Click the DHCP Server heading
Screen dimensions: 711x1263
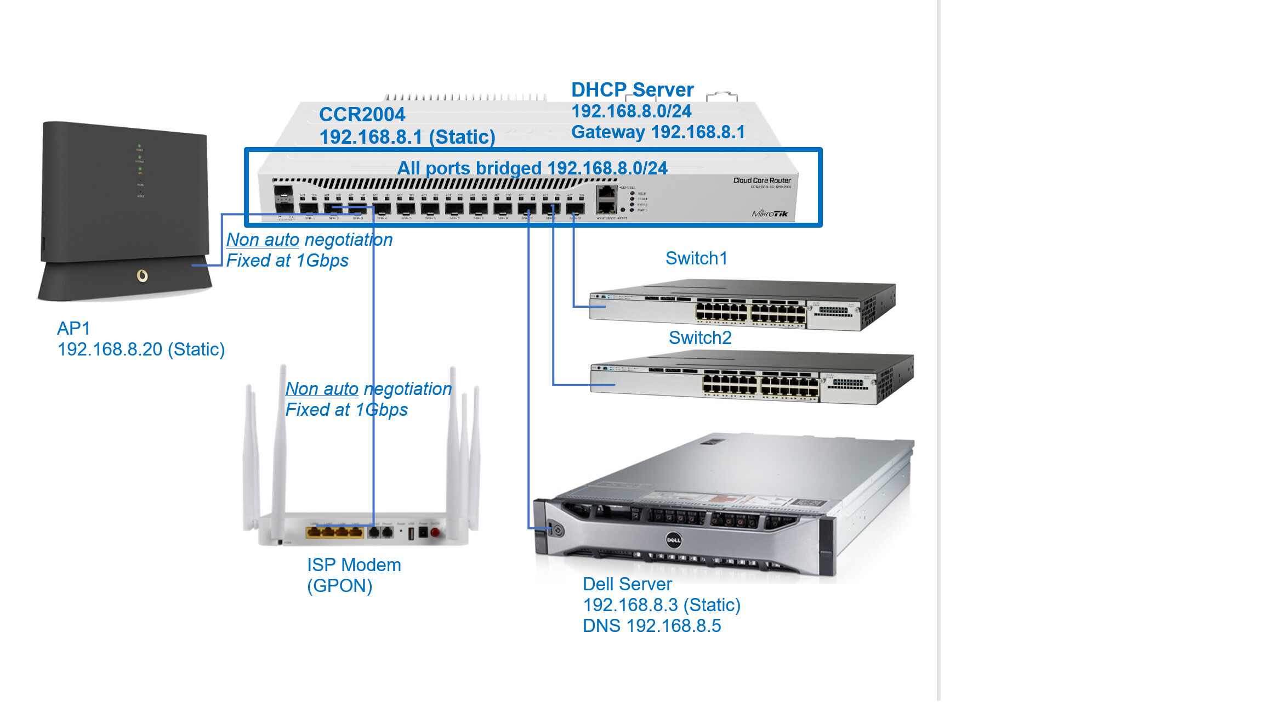click(632, 90)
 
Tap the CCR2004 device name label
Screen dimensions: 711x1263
click(362, 115)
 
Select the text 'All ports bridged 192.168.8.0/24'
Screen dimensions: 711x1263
click(532, 168)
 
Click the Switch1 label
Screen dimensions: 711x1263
click(696, 258)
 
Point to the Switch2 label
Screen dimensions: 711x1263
click(700, 338)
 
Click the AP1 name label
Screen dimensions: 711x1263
click(73, 329)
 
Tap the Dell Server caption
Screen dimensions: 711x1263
click(627, 584)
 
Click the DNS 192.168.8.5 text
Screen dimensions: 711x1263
click(652, 626)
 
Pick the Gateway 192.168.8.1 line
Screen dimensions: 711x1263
click(658, 132)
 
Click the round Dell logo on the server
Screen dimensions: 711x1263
click(673, 540)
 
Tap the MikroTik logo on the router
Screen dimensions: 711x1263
click(770, 213)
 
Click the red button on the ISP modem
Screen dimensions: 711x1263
click(435, 532)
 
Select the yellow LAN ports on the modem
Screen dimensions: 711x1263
click(334, 532)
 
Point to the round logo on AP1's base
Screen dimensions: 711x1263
click(142, 275)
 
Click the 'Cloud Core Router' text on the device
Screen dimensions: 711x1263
click(762, 180)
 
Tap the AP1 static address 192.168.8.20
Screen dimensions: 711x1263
click(141, 349)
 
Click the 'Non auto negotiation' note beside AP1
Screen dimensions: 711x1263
click(309, 240)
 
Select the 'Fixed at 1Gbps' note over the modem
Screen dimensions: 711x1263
click(346, 410)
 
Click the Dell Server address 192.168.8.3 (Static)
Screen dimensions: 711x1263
click(662, 605)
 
